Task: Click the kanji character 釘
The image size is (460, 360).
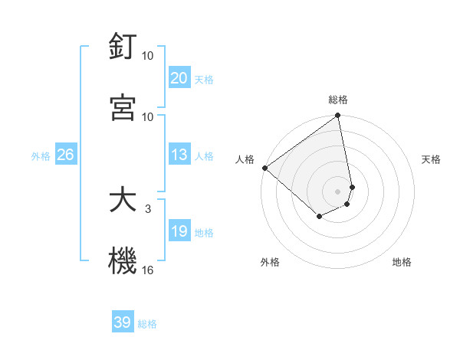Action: pos(123,47)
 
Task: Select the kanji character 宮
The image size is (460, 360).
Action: pos(123,107)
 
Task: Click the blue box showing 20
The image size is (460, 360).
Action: pos(179,78)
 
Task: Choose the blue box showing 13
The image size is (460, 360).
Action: pos(179,155)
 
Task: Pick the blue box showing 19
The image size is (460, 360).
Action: pos(179,231)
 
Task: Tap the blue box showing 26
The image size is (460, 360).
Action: pos(65,155)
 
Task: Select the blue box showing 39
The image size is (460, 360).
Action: pos(123,322)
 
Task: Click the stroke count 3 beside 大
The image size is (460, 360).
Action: pos(148,208)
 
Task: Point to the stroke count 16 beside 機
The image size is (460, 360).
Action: pos(148,269)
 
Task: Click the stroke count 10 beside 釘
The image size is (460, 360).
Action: pos(148,56)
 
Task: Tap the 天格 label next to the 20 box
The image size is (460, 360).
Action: pos(204,79)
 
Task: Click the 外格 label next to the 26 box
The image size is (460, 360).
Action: pos(41,155)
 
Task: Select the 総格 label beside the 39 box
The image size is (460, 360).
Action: pos(147,324)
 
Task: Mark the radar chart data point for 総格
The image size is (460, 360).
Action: pos(338,116)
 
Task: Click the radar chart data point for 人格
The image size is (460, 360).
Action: pos(264,168)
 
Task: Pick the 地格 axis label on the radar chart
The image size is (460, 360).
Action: pos(402,262)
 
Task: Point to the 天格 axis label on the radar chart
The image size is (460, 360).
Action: pos(431,159)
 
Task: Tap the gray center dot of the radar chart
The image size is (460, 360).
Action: pos(338,191)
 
